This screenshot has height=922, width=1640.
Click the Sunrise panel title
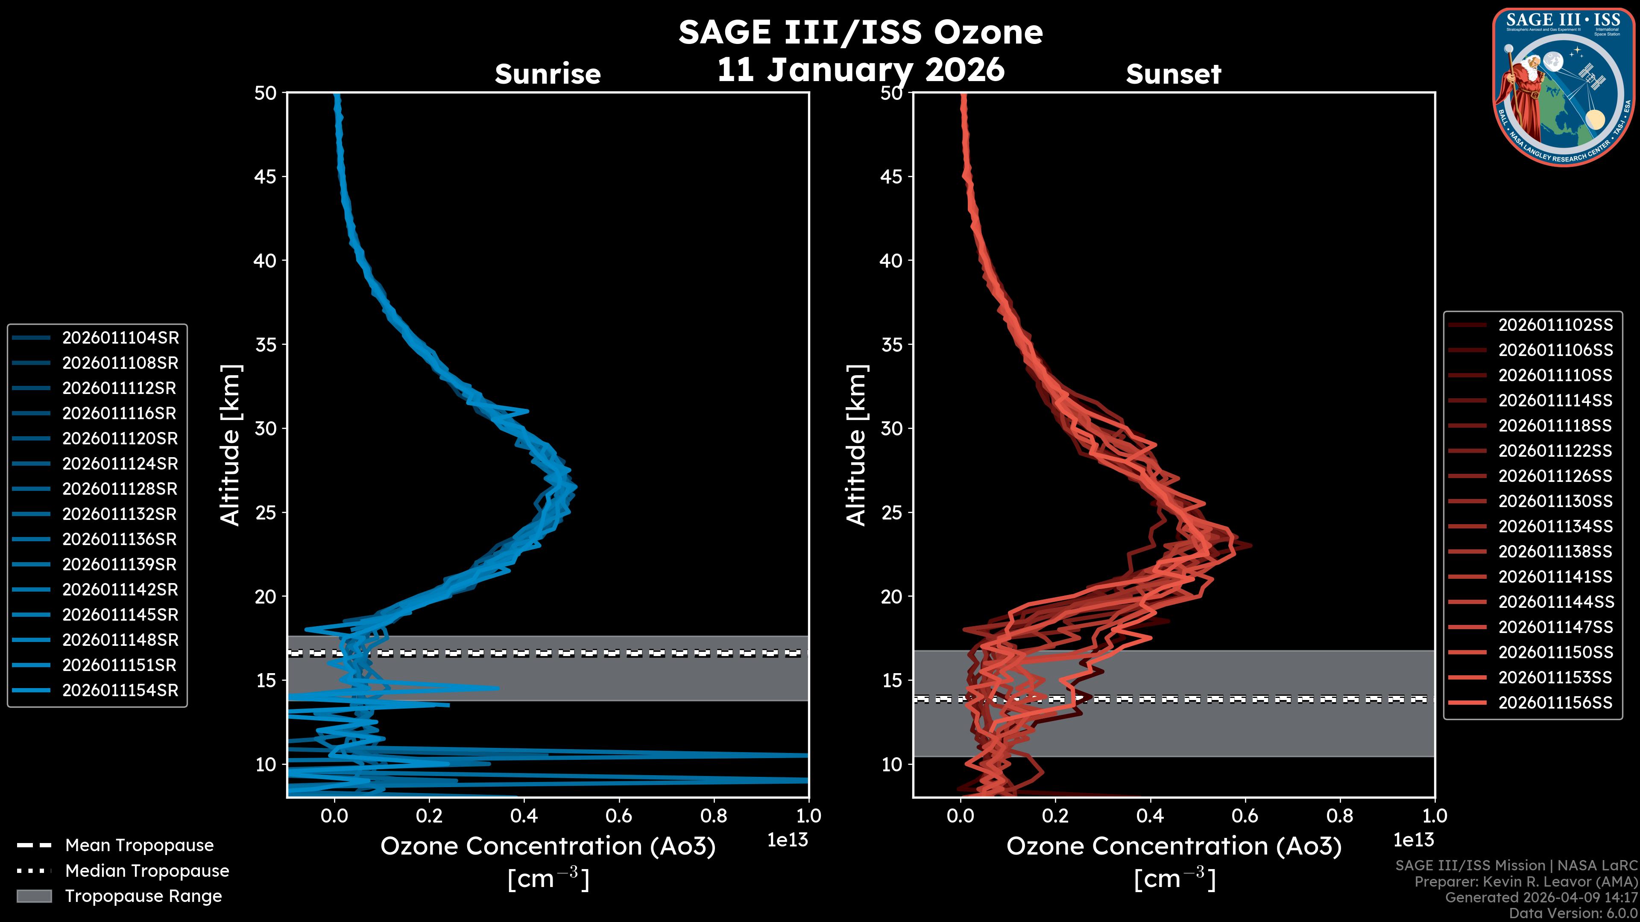(548, 74)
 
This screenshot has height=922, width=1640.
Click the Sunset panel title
(1173, 74)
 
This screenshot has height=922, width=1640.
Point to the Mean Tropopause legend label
(139, 846)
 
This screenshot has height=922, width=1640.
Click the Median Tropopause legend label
(147, 871)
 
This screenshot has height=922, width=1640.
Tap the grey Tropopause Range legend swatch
(34, 896)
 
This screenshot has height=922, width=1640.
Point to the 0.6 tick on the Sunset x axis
(1245, 816)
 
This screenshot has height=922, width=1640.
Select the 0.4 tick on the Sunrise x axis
(524, 816)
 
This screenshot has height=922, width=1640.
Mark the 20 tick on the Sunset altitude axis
(891, 597)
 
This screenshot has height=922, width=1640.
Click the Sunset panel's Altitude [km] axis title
(856, 445)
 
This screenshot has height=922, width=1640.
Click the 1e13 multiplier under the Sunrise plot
(788, 840)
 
